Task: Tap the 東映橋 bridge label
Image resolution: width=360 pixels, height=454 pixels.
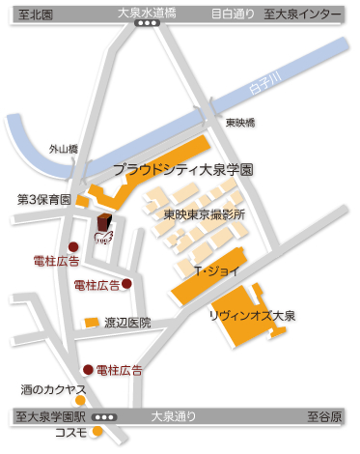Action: [x=239, y=124]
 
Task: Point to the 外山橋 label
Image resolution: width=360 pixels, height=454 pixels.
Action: [x=65, y=150]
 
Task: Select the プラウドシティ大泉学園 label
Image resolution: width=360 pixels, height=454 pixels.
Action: [x=182, y=169]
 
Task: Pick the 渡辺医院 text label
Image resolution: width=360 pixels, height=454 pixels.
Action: [x=128, y=323]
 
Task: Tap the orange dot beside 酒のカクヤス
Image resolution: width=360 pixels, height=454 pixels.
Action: [x=80, y=401]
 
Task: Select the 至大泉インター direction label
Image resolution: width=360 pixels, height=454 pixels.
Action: [x=313, y=14]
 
